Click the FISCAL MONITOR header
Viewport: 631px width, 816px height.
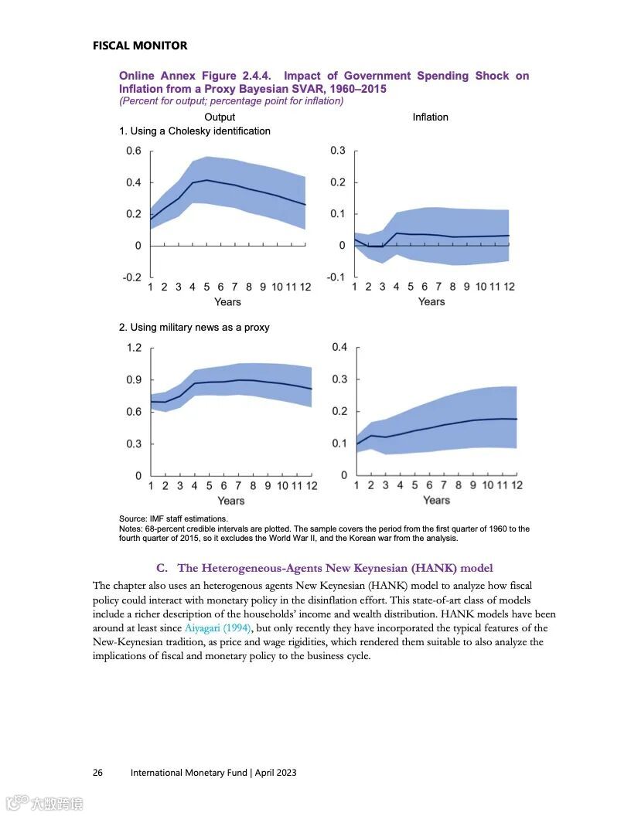click(139, 46)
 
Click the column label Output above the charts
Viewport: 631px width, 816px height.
click(220, 117)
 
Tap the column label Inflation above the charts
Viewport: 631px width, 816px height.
click(430, 117)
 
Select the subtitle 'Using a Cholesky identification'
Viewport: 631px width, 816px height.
click(195, 131)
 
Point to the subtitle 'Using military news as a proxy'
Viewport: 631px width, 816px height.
click(194, 328)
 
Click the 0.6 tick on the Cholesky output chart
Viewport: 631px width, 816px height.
click(134, 151)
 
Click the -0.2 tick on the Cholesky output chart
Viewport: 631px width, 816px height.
click(132, 277)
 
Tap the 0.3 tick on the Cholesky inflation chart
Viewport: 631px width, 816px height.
click(338, 151)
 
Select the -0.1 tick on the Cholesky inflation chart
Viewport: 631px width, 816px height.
click(336, 277)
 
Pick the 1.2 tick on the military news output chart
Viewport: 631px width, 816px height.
click(134, 348)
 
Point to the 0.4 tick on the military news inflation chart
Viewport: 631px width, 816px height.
click(339, 347)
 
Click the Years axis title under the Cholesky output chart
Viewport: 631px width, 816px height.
click(227, 302)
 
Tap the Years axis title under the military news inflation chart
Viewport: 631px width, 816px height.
click(436, 501)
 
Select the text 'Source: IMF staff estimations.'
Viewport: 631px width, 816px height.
click(174, 518)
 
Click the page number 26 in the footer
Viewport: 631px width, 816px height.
click(98, 773)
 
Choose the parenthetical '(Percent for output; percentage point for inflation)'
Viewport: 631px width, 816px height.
click(231, 101)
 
